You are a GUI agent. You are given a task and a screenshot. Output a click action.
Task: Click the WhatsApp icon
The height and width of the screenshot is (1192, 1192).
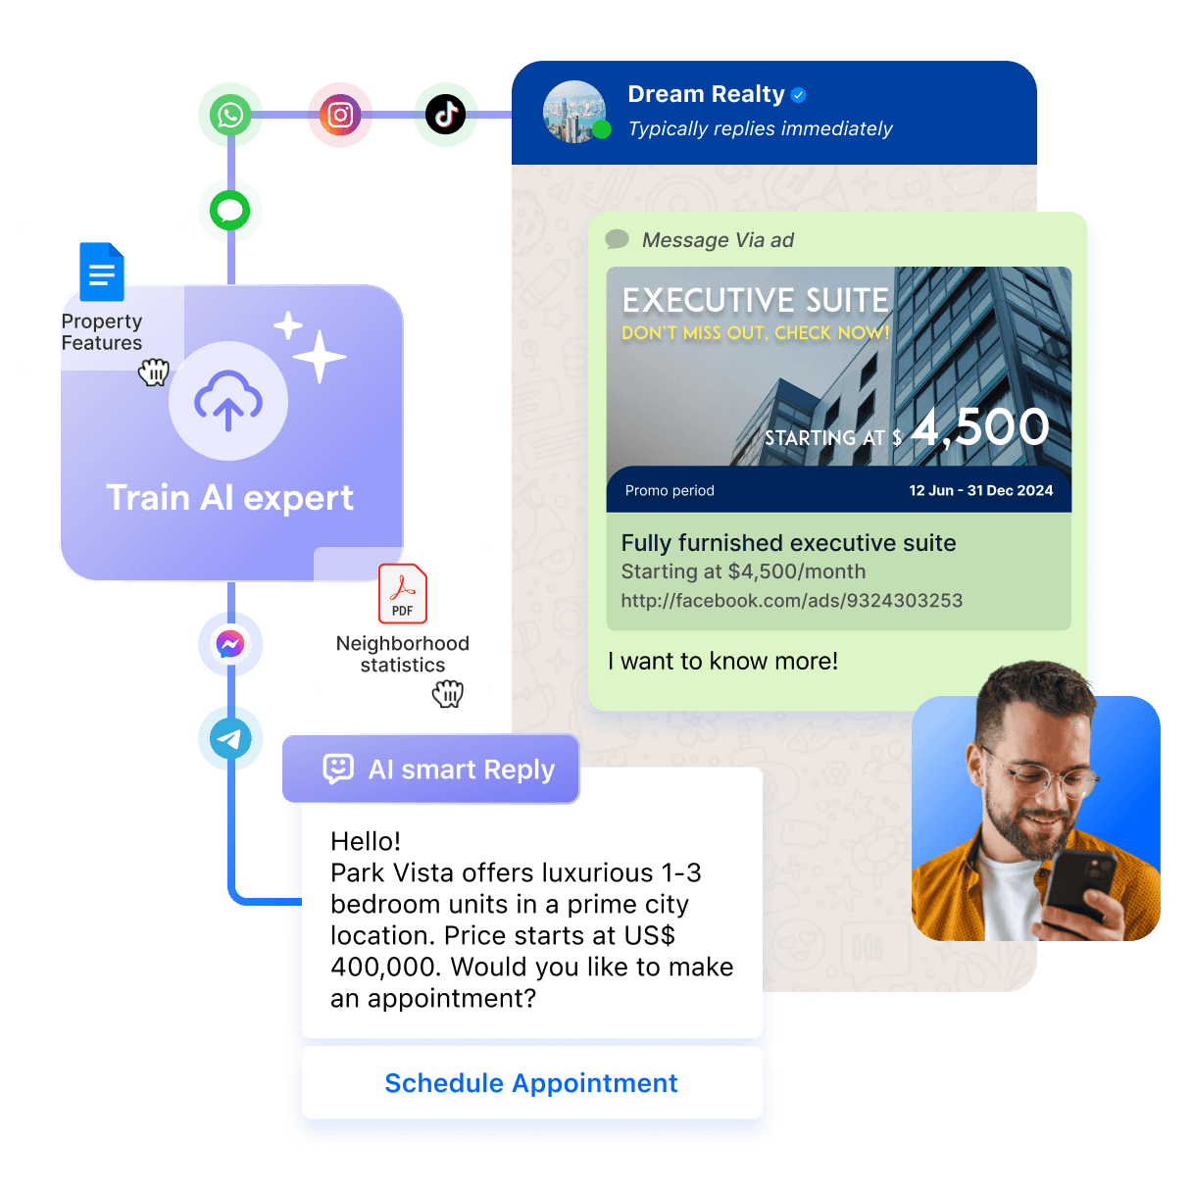click(x=230, y=116)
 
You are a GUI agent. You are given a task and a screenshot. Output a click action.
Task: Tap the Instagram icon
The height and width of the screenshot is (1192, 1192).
click(x=340, y=116)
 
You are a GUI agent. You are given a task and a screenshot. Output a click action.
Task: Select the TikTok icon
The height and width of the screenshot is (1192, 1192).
click(x=446, y=116)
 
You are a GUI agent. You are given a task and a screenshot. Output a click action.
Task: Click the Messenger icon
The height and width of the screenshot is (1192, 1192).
click(x=230, y=644)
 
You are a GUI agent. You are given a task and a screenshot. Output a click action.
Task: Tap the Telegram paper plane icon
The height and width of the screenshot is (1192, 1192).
click(x=230, y=738)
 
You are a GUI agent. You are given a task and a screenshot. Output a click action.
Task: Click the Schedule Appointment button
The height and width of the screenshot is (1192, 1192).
click(x=531, y=1083)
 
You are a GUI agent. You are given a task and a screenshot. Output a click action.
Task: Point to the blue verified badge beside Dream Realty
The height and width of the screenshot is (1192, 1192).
click(x=799, y=95)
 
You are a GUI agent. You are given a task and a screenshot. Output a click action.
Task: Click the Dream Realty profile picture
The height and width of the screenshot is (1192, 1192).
click(x=574, y=112)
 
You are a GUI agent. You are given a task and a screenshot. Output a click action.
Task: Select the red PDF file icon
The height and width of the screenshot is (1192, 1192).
click(x=403, y=593)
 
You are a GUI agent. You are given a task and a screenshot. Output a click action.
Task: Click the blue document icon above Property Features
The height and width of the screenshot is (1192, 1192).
click(x=102, y=272)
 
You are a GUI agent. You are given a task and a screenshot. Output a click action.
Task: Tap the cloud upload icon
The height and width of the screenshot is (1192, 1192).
click(x=228, y=401)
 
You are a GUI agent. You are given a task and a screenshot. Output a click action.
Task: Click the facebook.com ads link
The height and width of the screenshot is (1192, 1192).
click(x=792, y=601)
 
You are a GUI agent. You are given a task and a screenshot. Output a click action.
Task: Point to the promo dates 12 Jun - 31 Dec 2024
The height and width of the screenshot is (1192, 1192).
click(x=980, y=490)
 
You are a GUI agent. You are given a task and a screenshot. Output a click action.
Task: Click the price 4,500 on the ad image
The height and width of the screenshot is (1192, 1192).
click(x=980, y=427)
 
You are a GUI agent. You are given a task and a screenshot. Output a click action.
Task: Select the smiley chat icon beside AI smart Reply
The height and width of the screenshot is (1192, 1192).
click(x=338, y=770)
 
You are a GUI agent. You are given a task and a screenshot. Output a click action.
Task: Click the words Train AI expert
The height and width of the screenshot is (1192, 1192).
click(x=230, y=498)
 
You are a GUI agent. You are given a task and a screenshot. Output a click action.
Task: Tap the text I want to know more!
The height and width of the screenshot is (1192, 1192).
click(x=723, y=662)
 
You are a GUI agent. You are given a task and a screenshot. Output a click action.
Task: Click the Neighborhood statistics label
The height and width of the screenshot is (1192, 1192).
click(x=403, y=654)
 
